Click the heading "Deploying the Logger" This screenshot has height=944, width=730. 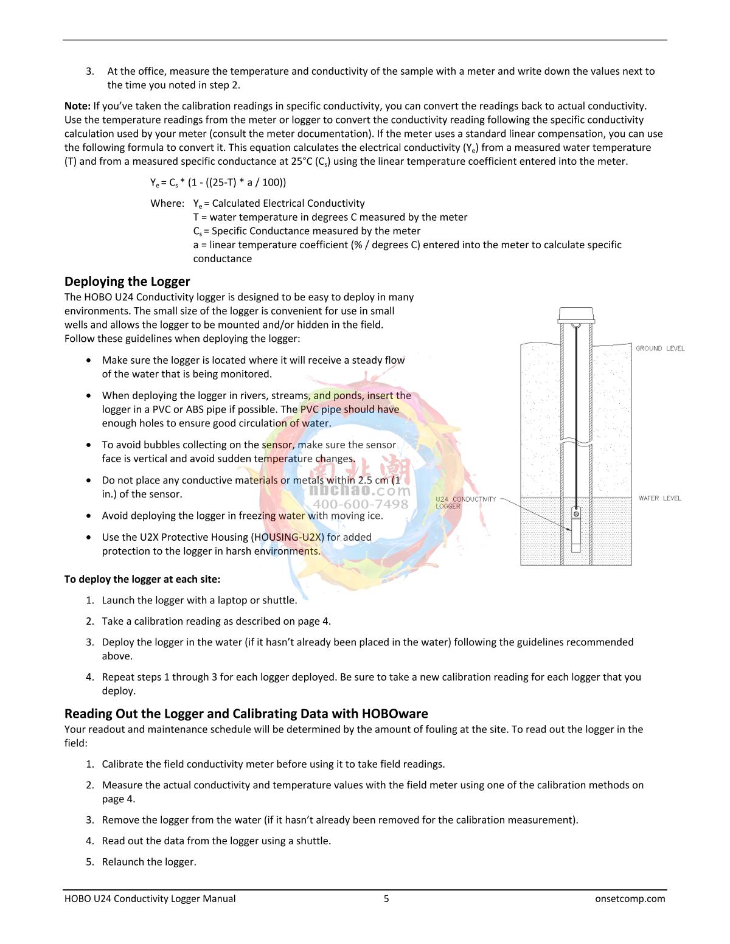[x=127, y=282]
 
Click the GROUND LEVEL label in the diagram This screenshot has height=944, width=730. [x=660, y=349]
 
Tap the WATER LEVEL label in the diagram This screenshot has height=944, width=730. [x=660, y=498]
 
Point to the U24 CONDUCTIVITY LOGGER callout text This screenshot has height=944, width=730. [x=465, y=502]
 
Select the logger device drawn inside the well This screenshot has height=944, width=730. [x=576, y=529]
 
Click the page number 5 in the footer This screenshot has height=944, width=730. [x=386, y=898]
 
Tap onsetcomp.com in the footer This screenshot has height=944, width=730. [x=630, y=898]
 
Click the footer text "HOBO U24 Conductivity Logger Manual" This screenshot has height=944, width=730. [x=150, y=898]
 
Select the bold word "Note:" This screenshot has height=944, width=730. [x=77, y=106]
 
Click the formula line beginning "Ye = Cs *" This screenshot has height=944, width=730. [x=218, y=182]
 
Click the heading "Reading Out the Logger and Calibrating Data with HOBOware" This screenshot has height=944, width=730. [x=246, y=713]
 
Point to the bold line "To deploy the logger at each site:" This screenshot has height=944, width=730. [x=142, y=579]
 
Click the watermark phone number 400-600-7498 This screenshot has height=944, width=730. [x=361, y=504]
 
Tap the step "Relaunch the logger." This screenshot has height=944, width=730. [x=149, y=861]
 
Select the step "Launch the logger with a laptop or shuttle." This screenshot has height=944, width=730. [x=200, y=600]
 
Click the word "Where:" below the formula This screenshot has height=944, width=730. [x=167, y=203]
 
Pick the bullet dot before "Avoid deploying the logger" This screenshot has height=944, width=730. [x=89, y=516]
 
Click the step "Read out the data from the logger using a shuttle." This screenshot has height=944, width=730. [x=217, y=841]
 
